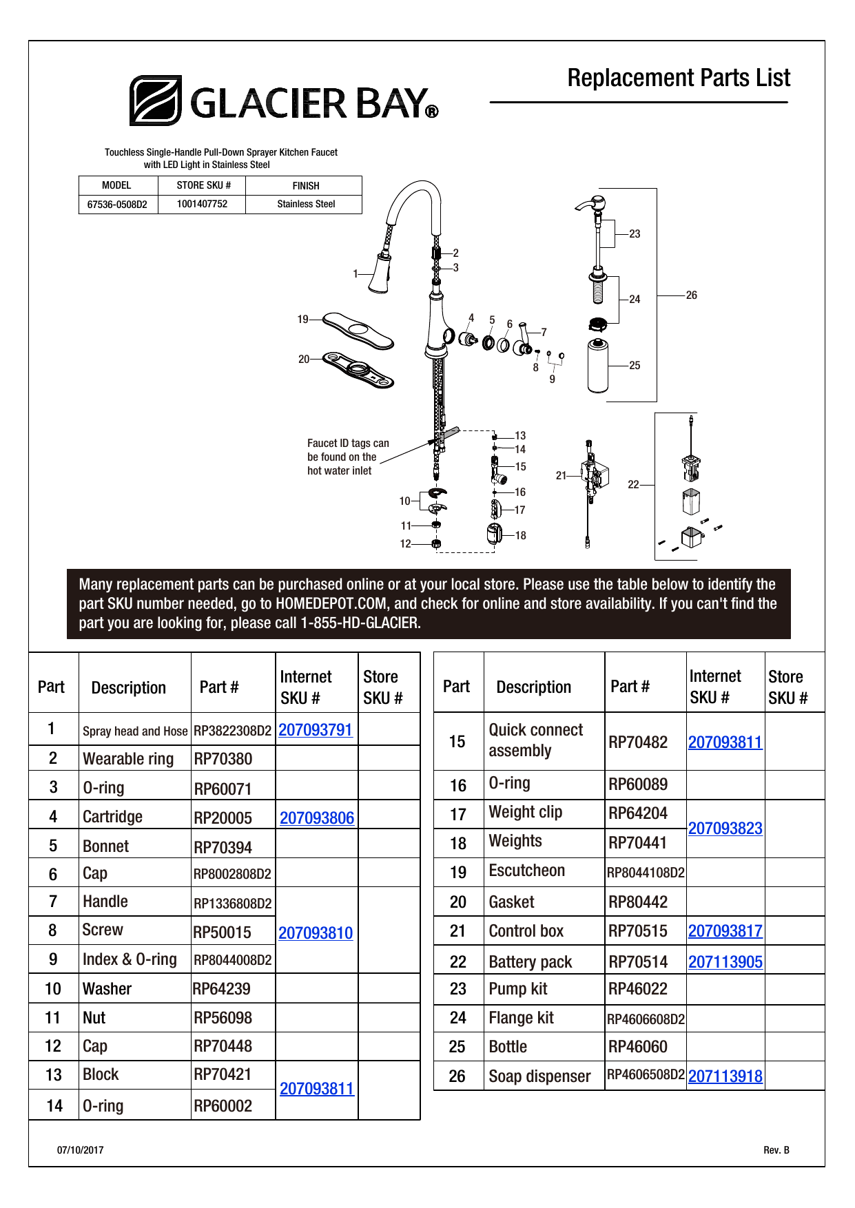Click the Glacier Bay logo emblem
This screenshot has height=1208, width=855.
(x=156, y=101)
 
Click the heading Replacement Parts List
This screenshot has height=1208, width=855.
(x=679, y=79)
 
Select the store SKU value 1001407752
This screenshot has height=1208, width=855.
(x=202, y=204)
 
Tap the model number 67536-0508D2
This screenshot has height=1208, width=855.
(x=117, y=205)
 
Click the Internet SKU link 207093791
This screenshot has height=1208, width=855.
(x=316, y=730)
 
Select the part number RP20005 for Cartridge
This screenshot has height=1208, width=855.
(x=223, y=818)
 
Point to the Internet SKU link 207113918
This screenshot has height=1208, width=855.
(x=725, y=1076)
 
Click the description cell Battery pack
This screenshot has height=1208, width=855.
(x=530, y=962)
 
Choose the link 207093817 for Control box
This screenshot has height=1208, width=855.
(x=725, y=931)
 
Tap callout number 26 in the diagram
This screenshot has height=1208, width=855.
(x=692, y=295)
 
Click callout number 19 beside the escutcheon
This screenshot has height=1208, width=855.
(x=303, y=320)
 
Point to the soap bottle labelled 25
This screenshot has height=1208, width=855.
(x=598, y=366)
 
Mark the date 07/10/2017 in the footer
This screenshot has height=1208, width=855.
(x=81, y=1150)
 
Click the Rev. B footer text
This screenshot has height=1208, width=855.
(x=776, y=1150)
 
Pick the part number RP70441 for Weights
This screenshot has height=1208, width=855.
(x=638, y=843)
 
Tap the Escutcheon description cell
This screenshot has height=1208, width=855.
(x=527, y=871)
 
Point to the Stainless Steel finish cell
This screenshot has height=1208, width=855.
(x=306, y=205)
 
